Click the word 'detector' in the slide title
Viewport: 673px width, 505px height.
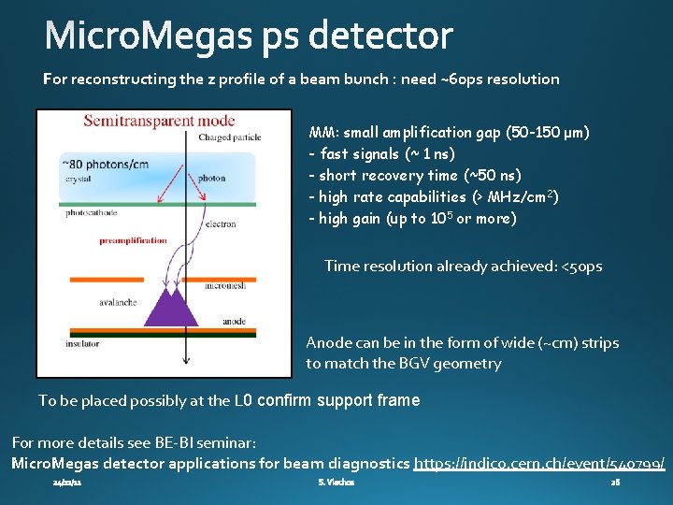click(381, 37)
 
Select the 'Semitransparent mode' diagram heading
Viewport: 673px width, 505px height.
click(159, 122)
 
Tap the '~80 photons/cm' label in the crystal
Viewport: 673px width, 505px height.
click(105, 165)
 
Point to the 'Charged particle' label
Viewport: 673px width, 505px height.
click(230, 138)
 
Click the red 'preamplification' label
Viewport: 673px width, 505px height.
click(134, 240)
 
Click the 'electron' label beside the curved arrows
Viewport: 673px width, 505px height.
click(221, 224)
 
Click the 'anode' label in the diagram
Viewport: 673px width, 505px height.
click(235, 321)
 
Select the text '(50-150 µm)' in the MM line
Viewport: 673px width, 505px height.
click(547, 133)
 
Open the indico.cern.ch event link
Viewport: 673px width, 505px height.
click(539, 463)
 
